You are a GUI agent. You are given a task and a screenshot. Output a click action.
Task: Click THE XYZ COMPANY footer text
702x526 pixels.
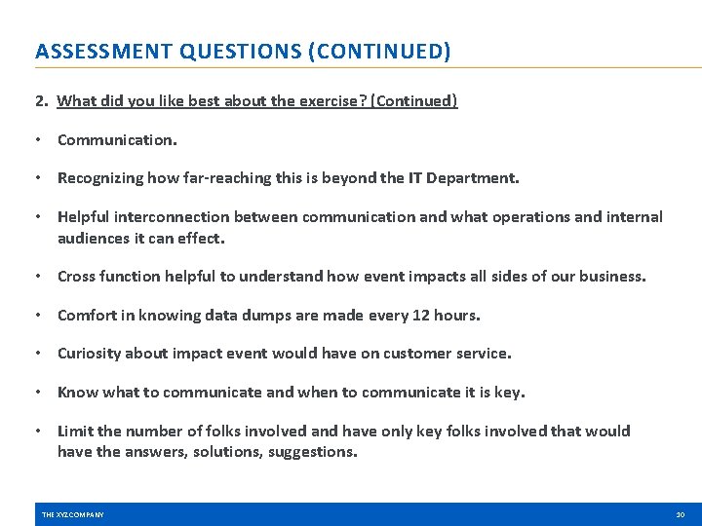(73, 514)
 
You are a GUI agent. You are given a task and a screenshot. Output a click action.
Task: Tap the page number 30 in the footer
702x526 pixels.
(680, 514)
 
